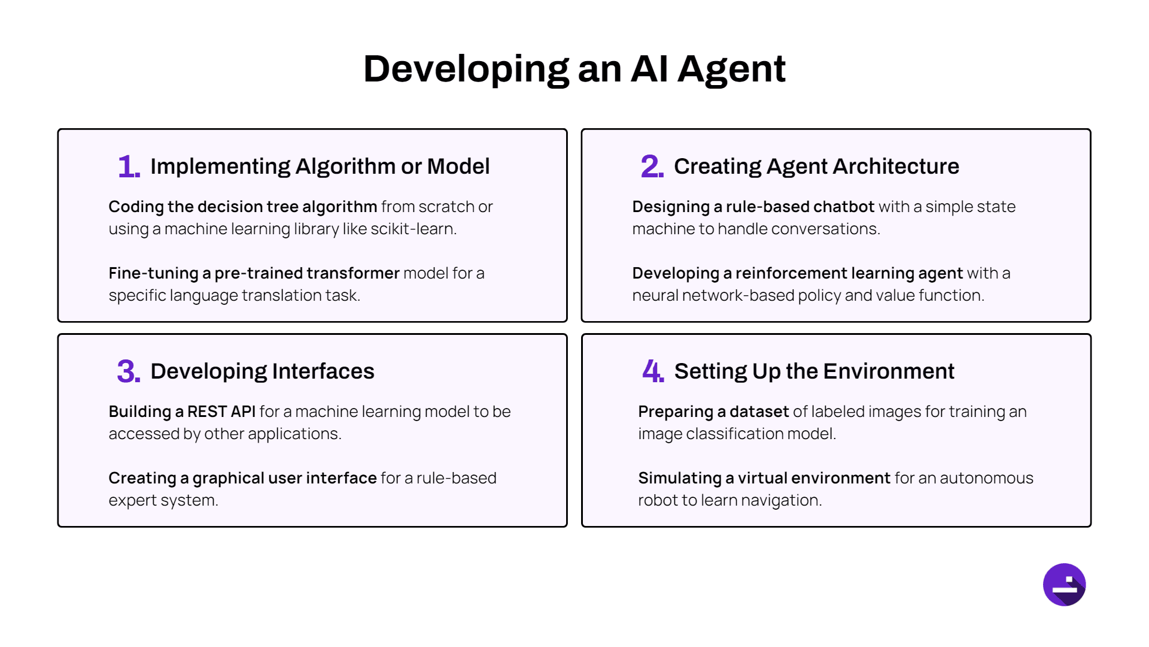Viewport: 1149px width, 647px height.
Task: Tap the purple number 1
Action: tap(129, 167)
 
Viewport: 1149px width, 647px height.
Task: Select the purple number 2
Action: tap(652, 166)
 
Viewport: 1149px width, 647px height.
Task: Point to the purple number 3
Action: tap(129, 371)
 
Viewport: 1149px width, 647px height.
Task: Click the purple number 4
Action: tap(653, 371)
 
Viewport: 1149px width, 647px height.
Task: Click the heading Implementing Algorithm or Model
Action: tap(320, 167)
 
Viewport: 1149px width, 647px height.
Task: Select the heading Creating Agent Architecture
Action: tap(816, 167)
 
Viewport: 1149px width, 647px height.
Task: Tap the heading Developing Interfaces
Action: tap(262, 371)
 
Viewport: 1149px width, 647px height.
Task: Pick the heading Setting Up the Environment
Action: tap(814, 371)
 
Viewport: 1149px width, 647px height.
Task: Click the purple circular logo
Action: tap(1064, 585)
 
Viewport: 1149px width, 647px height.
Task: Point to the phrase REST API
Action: tap(221, 412)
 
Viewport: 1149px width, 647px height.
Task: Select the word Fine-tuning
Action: tap(153, 274)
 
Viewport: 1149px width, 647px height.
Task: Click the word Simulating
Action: tap(680, 479)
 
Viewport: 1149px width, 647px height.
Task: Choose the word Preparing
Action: tap(676, 412)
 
